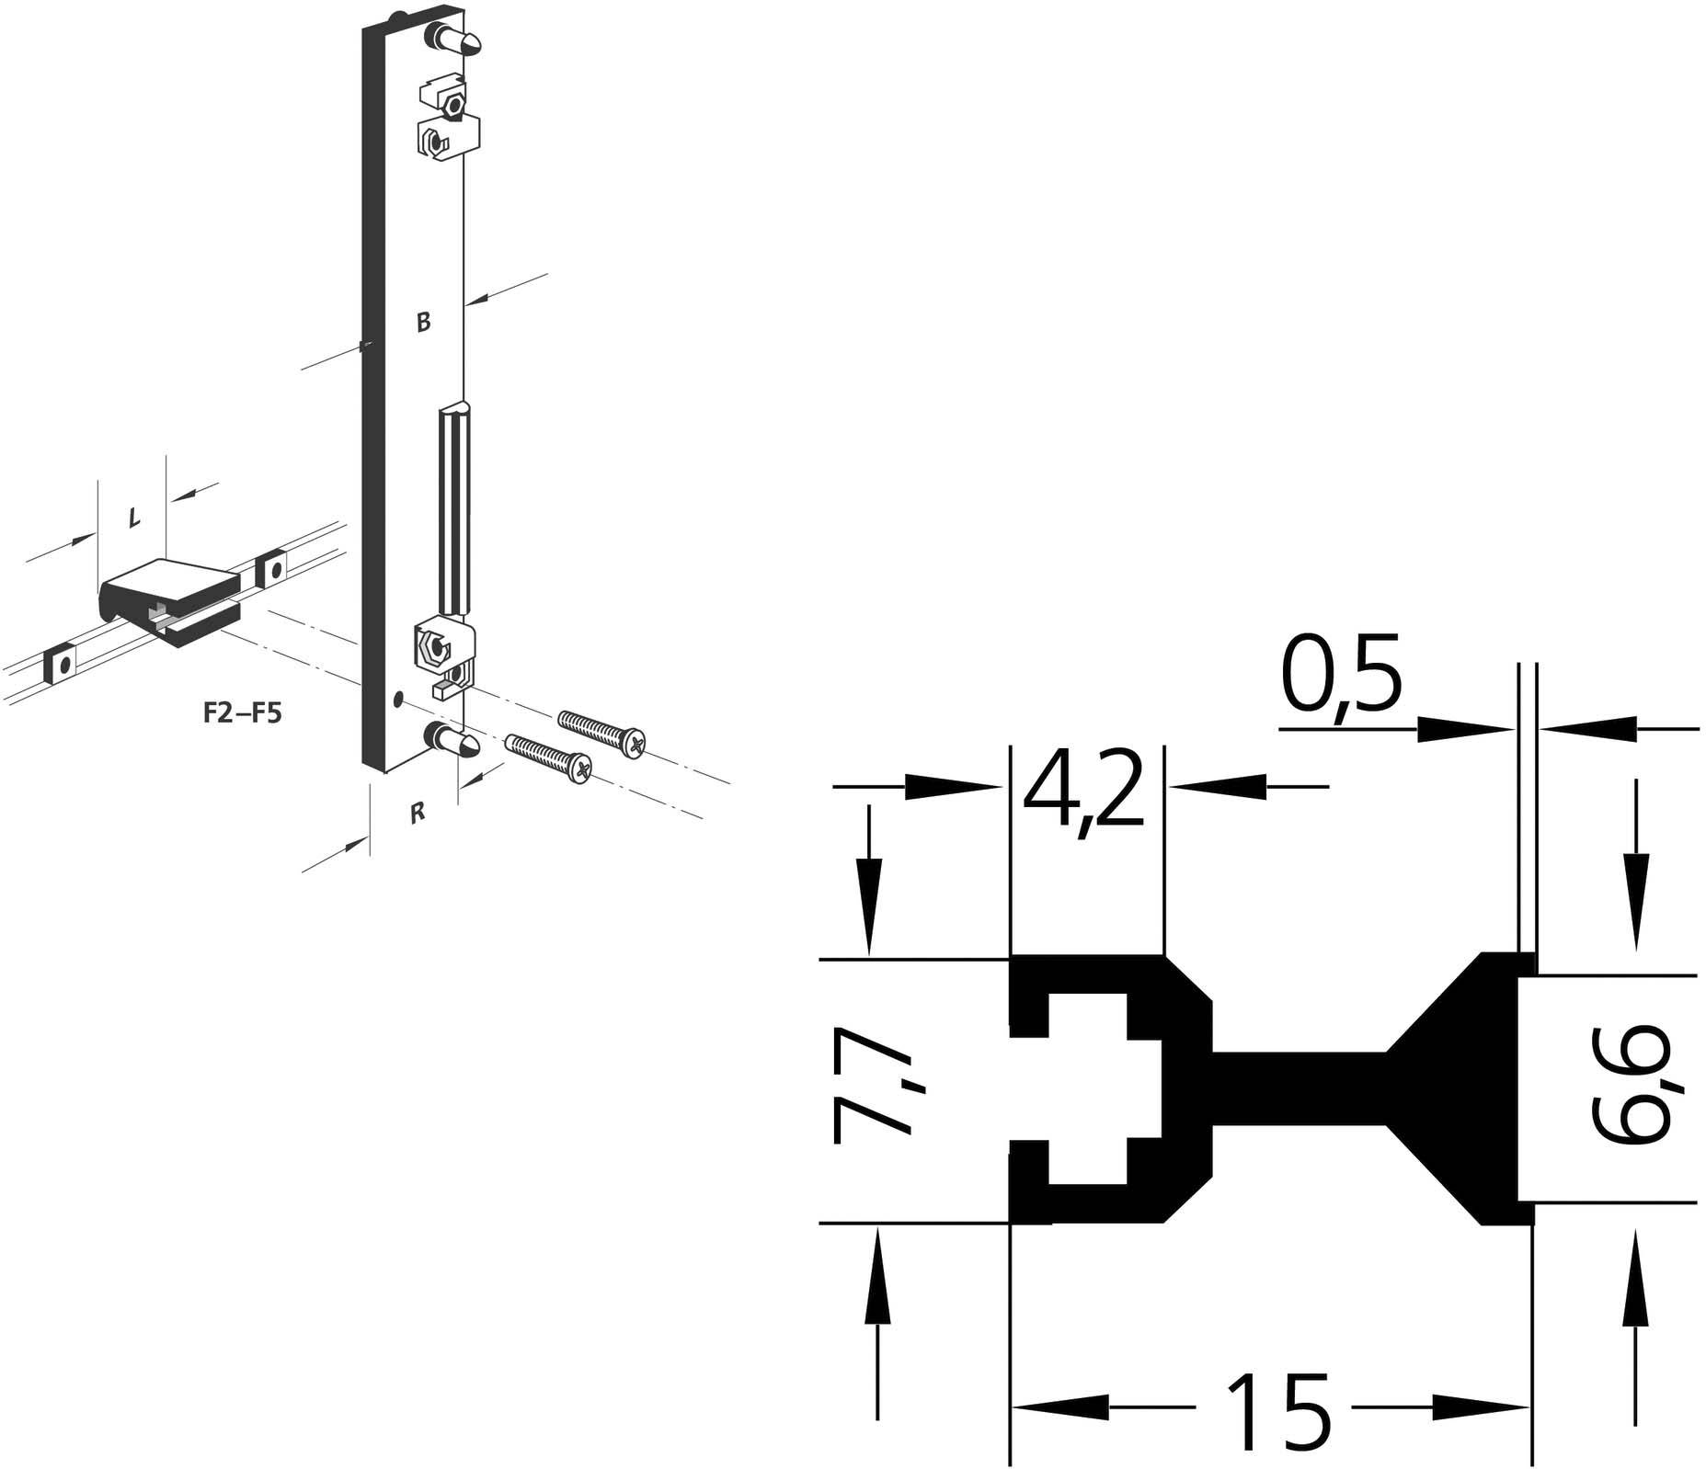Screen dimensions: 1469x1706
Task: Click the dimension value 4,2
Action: tap(1085, 789)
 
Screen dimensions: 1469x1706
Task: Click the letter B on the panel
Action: tap(423, 322)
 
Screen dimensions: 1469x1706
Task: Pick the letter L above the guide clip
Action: tap(134, 518)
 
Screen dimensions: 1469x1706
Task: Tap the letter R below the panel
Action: tap(418, 813)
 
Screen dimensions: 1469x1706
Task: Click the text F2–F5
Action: tap(242, 713)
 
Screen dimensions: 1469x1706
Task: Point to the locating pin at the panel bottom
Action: tap(456, 741)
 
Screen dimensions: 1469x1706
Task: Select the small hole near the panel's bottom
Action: tap(397, 700)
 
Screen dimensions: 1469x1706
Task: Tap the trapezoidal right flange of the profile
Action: tap(1471, 1088)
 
